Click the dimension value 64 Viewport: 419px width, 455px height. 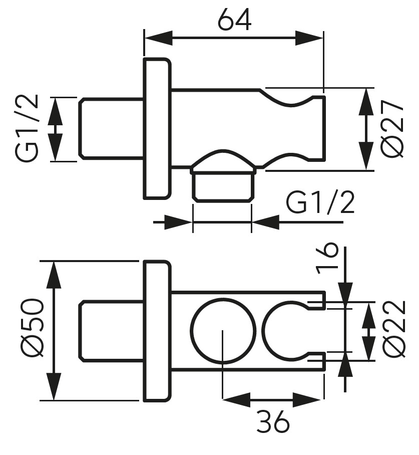(234, 20)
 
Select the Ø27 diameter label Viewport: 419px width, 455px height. (391, 129)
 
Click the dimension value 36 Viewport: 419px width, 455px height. (273, 422)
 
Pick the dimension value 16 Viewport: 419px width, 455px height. (328, 259)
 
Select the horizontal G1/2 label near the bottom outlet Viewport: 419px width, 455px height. (320, 203)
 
